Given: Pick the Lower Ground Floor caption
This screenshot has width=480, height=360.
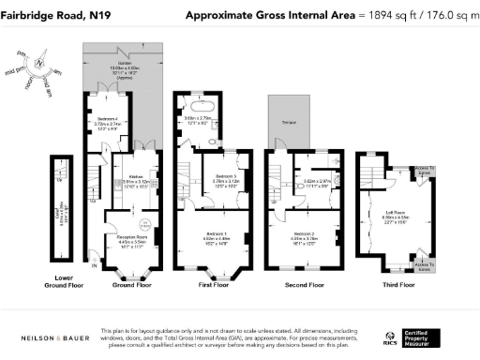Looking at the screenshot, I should [x=64, y=283].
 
